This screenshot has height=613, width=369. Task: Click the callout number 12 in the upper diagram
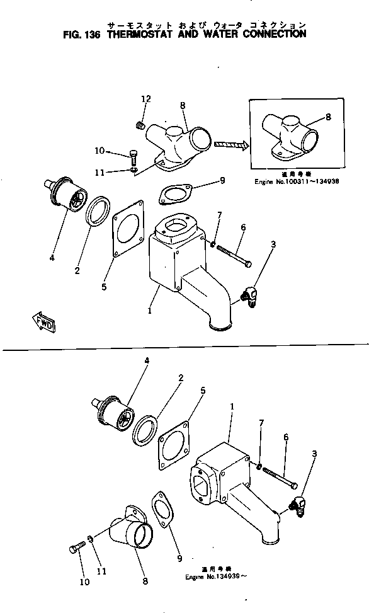coord(146,99)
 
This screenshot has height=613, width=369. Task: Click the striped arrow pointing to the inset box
coord(231,145)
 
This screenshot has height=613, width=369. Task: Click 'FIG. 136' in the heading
coord(84,34)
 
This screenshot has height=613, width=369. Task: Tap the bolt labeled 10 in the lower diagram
coord(75,549)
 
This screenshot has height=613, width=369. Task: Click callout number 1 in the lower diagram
coord(232,407)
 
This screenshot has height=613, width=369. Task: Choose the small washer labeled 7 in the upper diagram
coord(213,244)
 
